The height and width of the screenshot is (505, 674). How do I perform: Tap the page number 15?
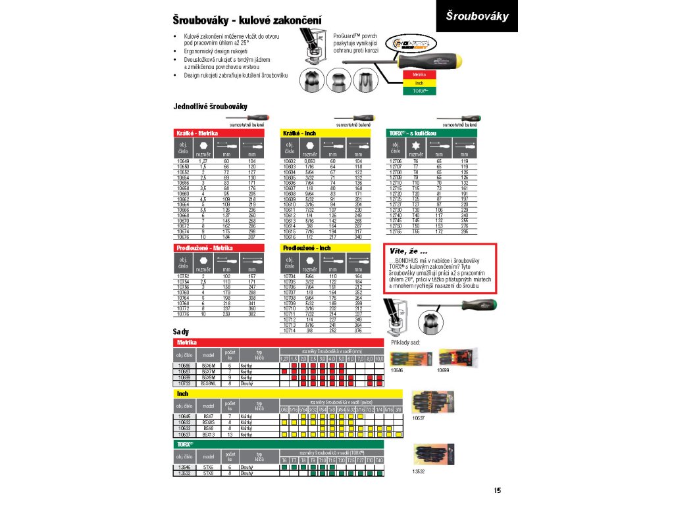498,489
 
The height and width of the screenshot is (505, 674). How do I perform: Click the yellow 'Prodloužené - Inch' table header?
307,248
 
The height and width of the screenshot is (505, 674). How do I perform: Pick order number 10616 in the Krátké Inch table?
290,237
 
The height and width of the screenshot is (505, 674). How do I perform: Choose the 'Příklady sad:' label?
405,343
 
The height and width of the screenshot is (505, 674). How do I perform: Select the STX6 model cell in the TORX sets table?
208,467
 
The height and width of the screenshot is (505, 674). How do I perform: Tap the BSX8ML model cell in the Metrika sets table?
208,383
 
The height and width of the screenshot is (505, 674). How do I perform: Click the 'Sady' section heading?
181,333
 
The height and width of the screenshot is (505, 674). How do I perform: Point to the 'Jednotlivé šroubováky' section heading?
210,107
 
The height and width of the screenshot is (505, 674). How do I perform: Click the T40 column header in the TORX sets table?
379,460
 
